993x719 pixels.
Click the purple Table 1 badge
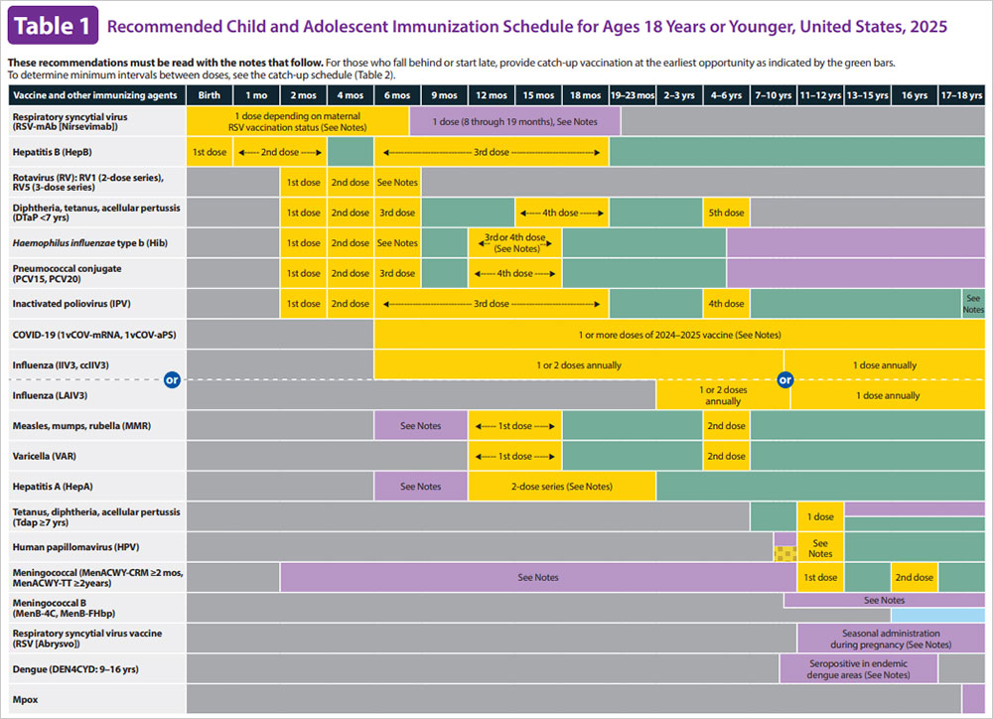coord(53,26)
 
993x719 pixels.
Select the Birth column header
coord(210,95)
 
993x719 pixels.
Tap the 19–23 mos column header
coord(632,95)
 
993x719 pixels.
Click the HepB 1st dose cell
coord(210,152)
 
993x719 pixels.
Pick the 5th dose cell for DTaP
coord(726,213)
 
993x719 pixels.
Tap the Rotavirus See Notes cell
coord(397,183)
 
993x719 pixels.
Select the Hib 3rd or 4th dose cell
coord(514,243)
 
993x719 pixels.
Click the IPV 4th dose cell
coord(726,304)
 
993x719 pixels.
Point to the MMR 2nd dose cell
coord(726,426)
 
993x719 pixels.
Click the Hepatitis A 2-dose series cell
coord(561,487)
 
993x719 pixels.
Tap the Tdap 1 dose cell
coord(820,517)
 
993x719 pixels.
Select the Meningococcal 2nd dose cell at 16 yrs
coord(914,577)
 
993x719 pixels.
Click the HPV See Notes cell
coord(820,547)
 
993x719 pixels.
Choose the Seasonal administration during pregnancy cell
coord(890,639)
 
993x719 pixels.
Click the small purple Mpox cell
coord(973,699)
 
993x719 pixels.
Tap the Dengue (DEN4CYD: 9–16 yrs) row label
coord(66,668)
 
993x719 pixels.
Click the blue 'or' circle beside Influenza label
coord(172,379)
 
